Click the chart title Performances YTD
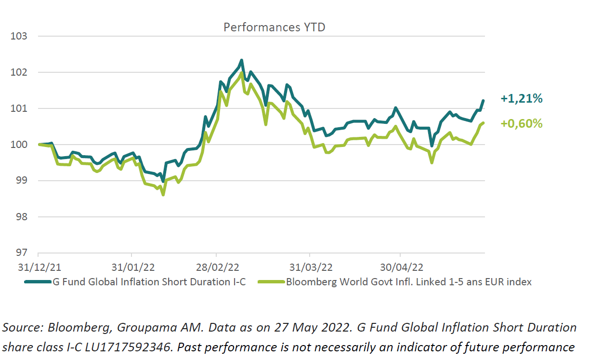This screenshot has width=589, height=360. (x=274, y=27)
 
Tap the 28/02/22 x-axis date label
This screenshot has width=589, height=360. (x=217, y=267)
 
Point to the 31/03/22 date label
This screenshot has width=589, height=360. (x=310, y=267)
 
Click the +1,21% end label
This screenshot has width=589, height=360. (x=522, y=99)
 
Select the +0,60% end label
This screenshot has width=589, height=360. (x=522, y=124)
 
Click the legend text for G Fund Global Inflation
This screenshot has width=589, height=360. (x=149, y=282)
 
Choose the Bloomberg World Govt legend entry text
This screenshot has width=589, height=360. (x=409, y=282)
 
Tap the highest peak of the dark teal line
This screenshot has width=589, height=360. (x=241, y=61)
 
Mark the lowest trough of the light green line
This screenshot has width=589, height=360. (x=163, y=194)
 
